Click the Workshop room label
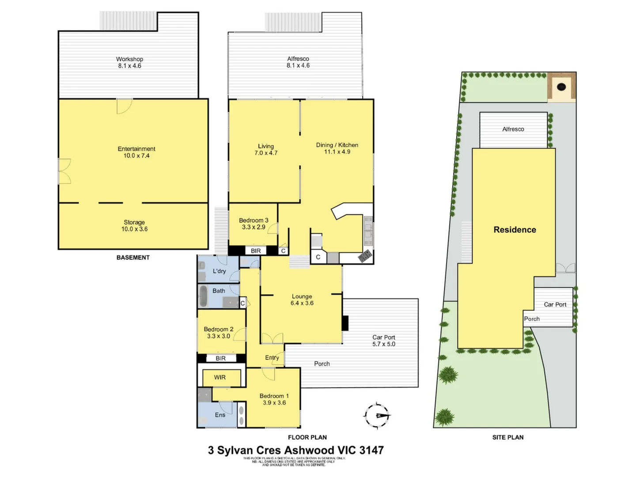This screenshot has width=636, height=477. [129, 62]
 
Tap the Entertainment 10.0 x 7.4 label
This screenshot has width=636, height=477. [136, 152]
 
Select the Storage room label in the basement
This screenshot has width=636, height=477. [134, 226]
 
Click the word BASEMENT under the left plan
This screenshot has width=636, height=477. [133, 257]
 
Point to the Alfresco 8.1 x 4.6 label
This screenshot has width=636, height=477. [298, 62]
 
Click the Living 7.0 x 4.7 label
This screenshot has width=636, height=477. [266, 150]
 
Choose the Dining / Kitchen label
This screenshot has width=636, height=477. [337, 148]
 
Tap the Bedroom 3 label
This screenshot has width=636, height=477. [254, 223]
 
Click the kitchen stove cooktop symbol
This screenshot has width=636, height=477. [365, 256]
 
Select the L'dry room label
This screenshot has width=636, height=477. [219, 271]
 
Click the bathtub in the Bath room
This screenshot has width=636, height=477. [204, 296]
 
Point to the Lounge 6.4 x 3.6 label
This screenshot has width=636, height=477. [302, 300]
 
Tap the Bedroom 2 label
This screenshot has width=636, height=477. [219, 333]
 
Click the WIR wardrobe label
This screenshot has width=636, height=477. [220, 377]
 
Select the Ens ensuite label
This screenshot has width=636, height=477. [220, 415]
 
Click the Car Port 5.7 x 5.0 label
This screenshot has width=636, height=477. [384, 341]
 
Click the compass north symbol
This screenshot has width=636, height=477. [377, 416]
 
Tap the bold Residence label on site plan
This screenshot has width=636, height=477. [515, 230]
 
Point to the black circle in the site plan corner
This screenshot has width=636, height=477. [561, 87]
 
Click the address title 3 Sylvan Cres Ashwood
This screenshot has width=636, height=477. [295, 450]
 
